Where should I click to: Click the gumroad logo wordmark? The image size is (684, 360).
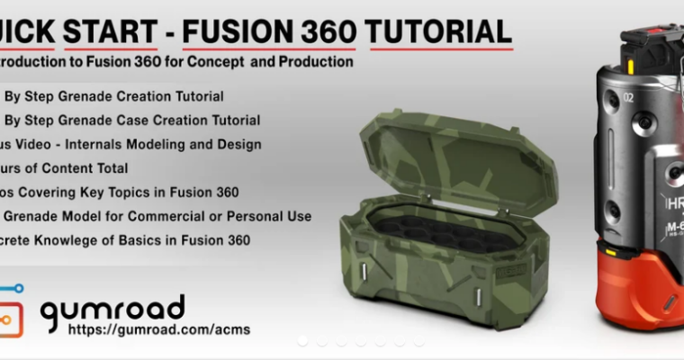pos(112,309)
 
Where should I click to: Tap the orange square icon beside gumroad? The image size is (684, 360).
pos(11,319)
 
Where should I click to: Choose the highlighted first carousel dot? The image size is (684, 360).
pos(302,341)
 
